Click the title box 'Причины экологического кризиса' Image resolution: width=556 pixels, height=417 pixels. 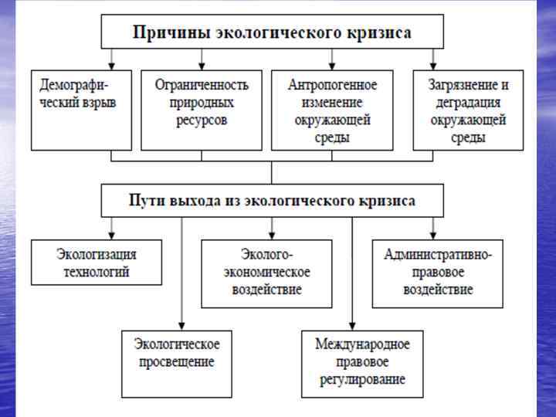point(272,32)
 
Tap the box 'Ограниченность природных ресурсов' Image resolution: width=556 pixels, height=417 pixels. point(202,110)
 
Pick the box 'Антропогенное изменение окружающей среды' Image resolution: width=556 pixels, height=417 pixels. point(332,110)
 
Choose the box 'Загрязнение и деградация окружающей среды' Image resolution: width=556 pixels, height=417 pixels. point(468,110)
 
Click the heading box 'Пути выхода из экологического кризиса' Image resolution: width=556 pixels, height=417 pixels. point(272,201)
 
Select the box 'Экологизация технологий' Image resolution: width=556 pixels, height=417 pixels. point(97,262)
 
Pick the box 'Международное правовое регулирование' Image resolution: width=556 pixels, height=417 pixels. point(362,363)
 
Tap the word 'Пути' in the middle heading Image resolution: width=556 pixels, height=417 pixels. point(144,201)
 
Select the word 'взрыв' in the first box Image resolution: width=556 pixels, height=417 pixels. point(100,102)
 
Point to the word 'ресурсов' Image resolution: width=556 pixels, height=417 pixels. point(202,120)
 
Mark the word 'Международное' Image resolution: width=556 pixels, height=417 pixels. point(362,344)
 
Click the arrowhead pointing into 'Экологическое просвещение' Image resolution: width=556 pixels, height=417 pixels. point(181,326)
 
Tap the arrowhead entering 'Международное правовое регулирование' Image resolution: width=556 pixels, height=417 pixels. point(352,326)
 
